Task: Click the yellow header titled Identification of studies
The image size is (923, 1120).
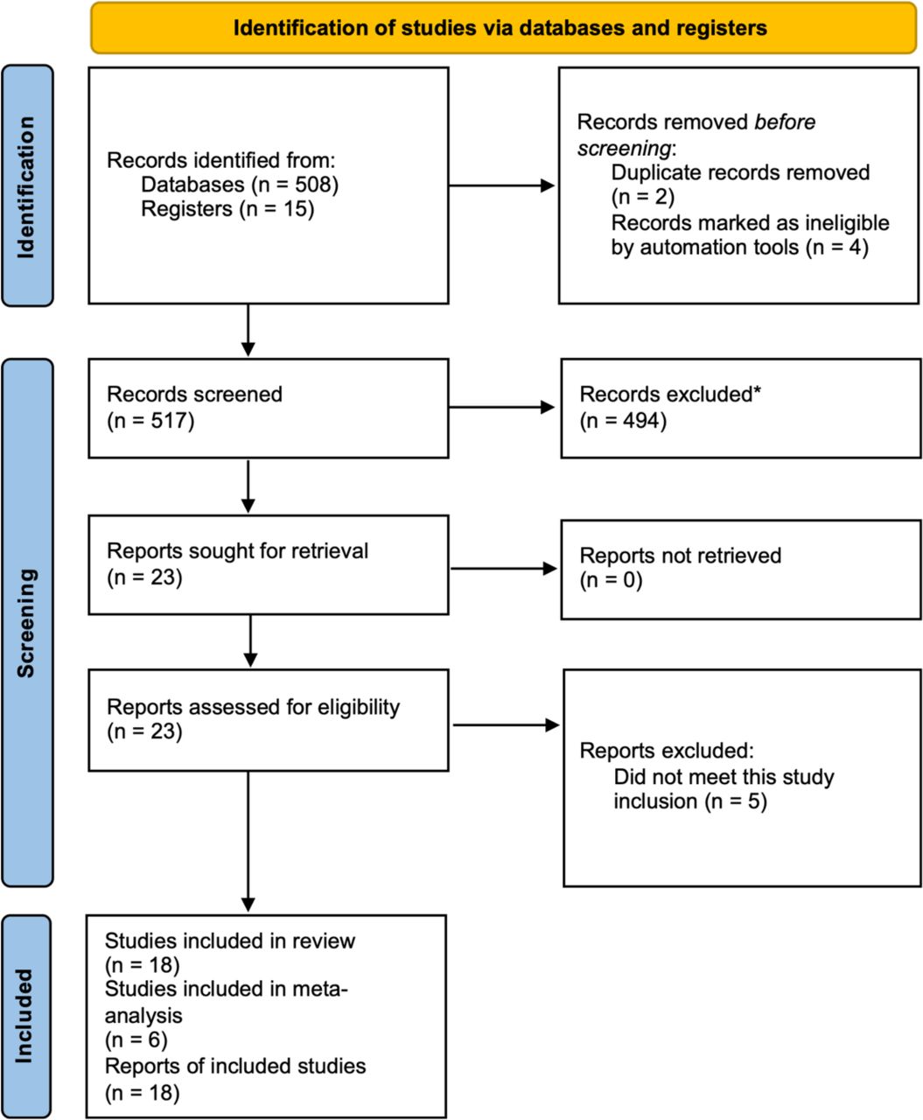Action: click(503, 28)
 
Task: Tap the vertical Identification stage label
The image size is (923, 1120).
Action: click(26, 186)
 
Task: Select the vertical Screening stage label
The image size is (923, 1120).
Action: click(26, 623)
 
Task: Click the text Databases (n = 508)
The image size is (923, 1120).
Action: click(240, 185)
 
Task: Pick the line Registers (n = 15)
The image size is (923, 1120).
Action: click(227, 208)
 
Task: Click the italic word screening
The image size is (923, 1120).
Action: click(624, 148)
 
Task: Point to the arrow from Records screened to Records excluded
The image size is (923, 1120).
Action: click(501, 407)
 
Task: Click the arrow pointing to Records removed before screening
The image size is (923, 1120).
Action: click(501, 185)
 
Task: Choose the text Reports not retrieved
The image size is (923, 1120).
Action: click(680, 556)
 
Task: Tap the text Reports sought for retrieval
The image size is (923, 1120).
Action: click(237, 551)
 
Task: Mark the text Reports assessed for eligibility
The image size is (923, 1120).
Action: click(253, 708)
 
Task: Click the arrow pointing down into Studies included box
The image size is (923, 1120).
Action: click(248, 841)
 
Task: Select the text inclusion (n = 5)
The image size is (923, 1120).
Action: click(690, 801)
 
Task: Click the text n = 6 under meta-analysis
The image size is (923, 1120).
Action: click(136, 1039)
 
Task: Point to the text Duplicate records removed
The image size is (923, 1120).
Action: click(740, 172)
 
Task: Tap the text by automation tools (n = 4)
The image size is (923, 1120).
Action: click(739, 247)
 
